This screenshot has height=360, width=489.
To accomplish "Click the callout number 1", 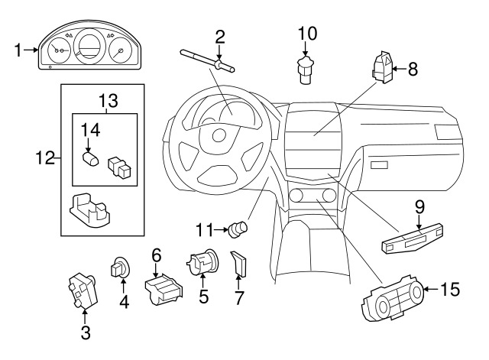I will [x=18, y=51].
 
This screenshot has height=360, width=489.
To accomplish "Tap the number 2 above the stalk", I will [x=220, y=36].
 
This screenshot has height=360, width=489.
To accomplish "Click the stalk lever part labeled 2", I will [x=206, y=60].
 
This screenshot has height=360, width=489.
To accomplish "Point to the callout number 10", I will [x=306, y=33].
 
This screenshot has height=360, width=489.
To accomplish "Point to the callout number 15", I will [x=451, y=289].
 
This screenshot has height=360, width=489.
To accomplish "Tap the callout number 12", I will [x=44, y=159].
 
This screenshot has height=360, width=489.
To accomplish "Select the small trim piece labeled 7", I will [x=239, y=264].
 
